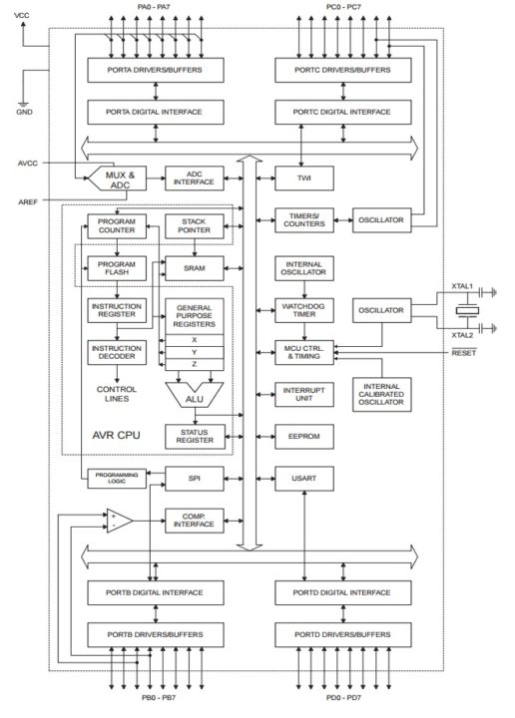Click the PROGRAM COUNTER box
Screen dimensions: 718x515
coord(117,225)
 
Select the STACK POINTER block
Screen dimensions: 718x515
coord(195,225)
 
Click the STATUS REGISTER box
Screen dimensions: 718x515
coord(195,436)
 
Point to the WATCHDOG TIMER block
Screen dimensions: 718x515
coord(303,310)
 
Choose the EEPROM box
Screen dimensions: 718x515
coord(303,437)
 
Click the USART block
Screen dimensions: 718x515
coord(303,479)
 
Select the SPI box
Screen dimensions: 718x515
coord(195,479)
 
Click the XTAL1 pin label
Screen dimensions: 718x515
coord(461,285)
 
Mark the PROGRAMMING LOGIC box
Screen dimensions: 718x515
coord(117,479)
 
